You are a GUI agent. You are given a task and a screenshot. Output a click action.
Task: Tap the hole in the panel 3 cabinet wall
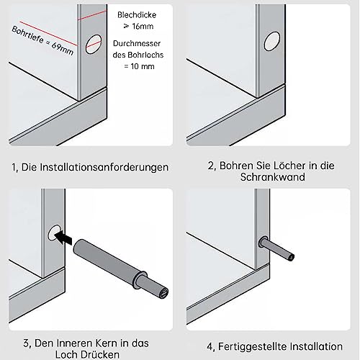coord(53,233)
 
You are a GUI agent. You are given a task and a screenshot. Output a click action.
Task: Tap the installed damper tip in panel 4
coord(291,255)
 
